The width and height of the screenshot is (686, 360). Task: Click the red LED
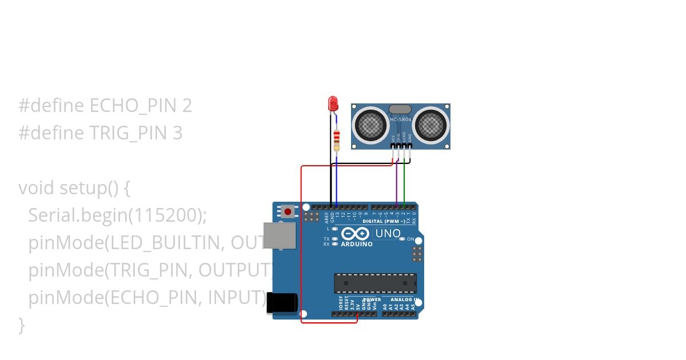coord(333,104)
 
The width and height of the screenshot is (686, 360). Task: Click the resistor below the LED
coord(336,139)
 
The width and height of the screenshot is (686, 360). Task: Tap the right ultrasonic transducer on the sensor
coord(430,124)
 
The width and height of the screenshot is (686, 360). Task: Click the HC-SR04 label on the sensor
coord(400,119)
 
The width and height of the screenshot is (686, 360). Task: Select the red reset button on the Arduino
coord(288,212)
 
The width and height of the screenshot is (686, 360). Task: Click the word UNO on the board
coord(387,233)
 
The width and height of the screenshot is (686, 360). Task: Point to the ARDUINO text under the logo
coord(357,244)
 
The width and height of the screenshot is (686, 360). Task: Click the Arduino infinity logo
coord(355,233)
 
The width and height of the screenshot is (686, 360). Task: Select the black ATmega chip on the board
coord(375,283)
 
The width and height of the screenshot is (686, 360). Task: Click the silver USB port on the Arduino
coord(279,235)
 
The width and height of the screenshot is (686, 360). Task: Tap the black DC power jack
coord(282,303)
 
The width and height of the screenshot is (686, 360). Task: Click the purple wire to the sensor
coord(396,183)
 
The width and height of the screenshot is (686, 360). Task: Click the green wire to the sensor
coord(404,183)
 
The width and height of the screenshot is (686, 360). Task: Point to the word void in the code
coord(37,188)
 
